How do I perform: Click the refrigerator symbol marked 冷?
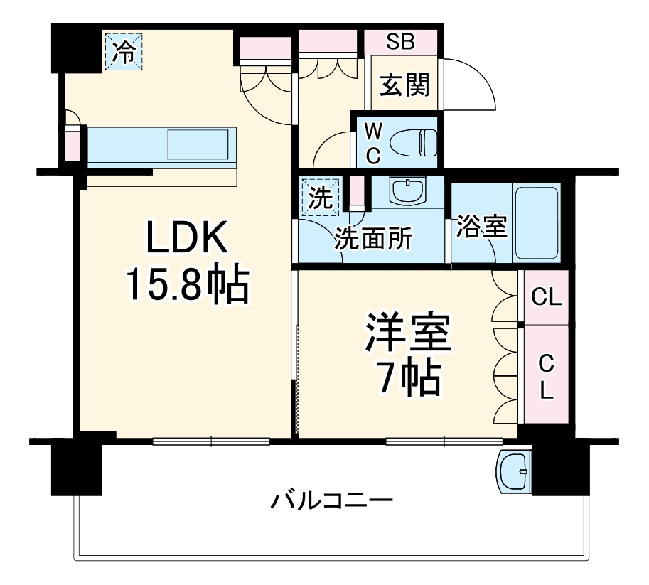(x=124, y=52)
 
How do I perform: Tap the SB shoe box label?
(x=401, y=41)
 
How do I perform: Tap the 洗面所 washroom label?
(x=372, y=240)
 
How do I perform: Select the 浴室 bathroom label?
(x=481, y=227)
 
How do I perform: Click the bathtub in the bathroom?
(x=537, y=222)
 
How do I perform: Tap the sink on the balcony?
(x=515, y=470)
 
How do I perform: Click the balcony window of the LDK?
(x=211, y=441)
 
